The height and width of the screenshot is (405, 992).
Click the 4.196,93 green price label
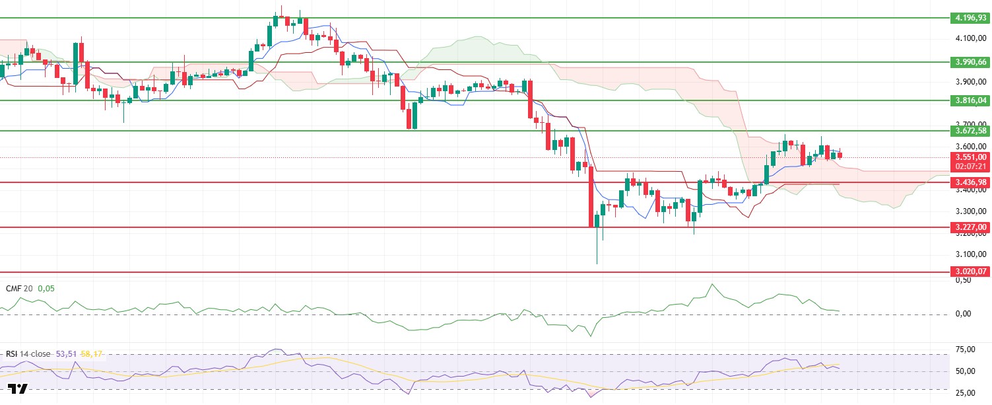970,18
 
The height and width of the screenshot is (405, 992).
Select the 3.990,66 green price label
970,62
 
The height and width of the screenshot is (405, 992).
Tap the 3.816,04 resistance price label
970,100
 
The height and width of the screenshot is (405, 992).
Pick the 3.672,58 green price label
970,131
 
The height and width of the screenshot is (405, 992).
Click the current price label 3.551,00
970,157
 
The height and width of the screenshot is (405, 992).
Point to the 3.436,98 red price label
970,182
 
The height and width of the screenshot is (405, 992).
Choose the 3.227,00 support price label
970,227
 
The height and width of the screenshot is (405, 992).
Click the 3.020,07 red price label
970,272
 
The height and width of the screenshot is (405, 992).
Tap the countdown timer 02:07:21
970,166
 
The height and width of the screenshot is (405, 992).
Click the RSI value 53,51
65,354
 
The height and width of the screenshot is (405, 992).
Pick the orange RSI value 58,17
91,354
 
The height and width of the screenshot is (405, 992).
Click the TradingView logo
18,389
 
